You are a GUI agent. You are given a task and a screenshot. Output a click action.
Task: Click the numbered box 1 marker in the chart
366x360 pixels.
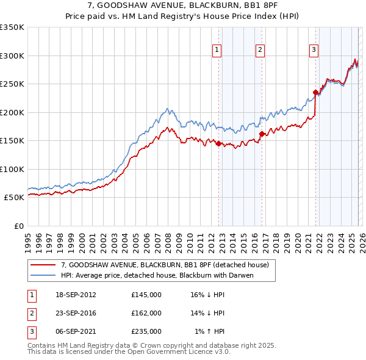click(217, 51)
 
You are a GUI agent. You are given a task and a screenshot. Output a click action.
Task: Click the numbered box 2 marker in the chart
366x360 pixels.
click(260, 51)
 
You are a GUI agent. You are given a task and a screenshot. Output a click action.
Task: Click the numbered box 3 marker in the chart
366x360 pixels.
click(314, 51)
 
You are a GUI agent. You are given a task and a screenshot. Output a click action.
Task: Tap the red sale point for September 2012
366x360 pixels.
click(218, 144)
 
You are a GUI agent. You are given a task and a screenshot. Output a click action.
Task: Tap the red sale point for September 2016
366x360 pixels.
click(262, 134)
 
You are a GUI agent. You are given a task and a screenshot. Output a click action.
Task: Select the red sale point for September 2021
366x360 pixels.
click(315, 93)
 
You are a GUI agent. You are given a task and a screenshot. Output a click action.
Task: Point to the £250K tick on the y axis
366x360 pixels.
click(12, 84)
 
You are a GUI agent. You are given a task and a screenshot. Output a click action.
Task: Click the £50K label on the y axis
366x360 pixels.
click(14, 198)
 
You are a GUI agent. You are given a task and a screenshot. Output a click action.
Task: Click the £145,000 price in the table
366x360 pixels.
click(146, 295)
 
